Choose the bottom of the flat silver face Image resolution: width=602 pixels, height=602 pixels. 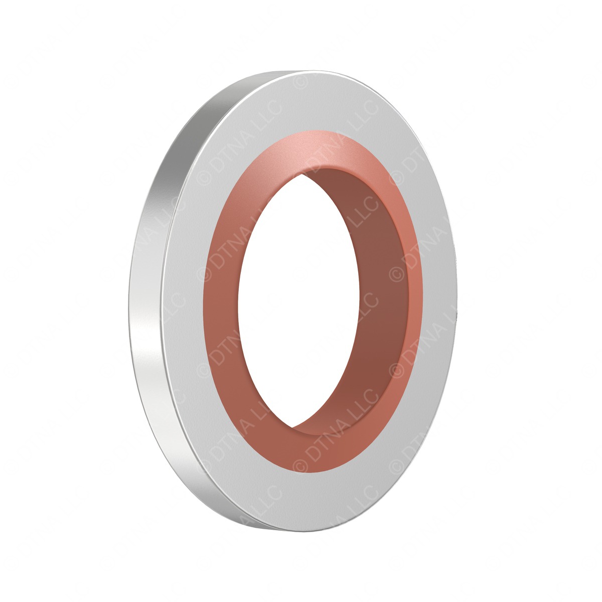tap(301, 502)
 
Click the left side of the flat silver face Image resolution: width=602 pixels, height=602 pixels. tap(188, 301)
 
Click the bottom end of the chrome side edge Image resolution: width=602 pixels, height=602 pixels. tap(251, 522)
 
